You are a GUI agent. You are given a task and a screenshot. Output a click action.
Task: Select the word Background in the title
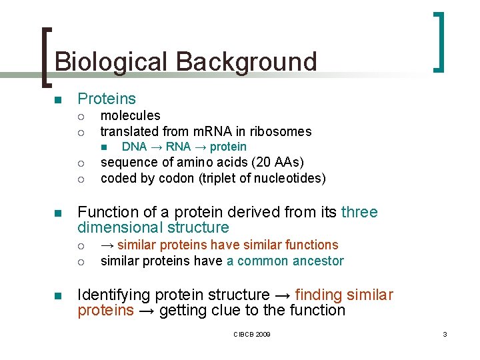tap(246, 62)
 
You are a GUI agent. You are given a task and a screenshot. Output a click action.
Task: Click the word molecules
tap(130, 116)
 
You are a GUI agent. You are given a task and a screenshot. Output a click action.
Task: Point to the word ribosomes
tap(283, 131)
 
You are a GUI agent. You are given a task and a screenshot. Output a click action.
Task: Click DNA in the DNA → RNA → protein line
tap(134, 147)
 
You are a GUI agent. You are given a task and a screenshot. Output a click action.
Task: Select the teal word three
tap(359, 213)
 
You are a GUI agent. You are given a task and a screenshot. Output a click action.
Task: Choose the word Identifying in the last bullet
tap(113, 295)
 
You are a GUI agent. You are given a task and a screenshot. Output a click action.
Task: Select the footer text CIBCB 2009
tap(252, 334)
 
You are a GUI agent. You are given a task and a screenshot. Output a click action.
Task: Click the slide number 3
tap(445, 334)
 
